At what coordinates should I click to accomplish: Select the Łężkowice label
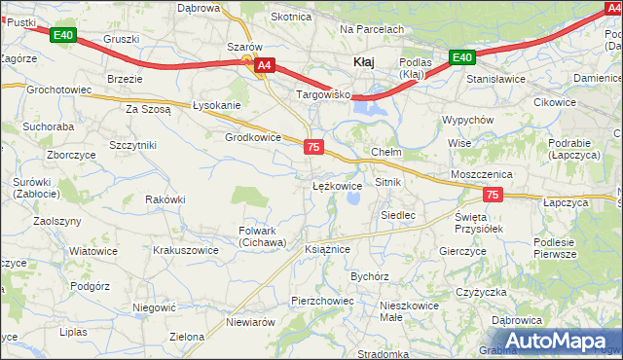tap(337, 184)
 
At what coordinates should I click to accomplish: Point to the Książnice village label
tap(327, 249)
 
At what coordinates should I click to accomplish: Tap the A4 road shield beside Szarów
tap(263, 65)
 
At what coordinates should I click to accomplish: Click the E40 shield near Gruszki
tap(62, 36)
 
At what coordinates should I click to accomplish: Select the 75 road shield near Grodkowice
tap(313, 146)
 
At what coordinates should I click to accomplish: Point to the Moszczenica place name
tap(482, 172)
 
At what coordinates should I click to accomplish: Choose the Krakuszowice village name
tap(185, 250)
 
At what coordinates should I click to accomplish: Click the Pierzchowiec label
tap(321, 301)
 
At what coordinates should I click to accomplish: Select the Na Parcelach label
tap(371, 30)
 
